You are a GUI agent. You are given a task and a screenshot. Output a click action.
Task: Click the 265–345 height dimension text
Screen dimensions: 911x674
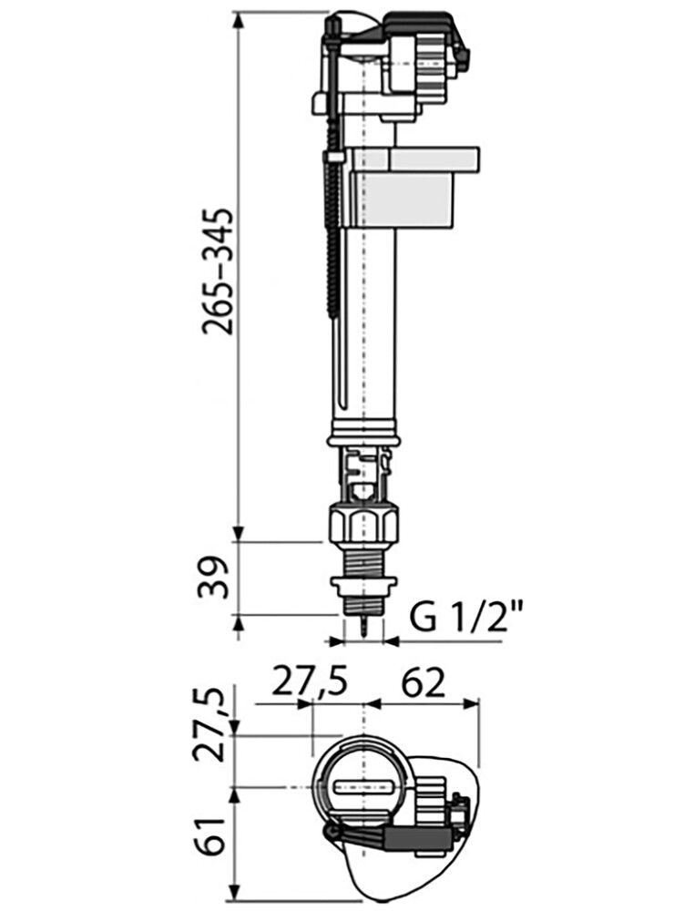(220, 273)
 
